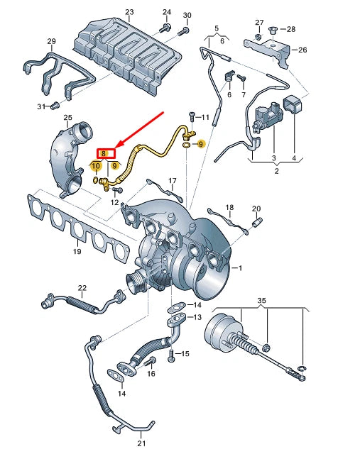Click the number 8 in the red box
(x=104, y=153)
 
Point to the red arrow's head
(x=118, y=148)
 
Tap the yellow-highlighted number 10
(x=95, y=166)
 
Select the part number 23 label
(x=129, y=13)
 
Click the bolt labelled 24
(x=165, y=28)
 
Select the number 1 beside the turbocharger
(x=240, y=267)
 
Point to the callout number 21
(x=141, y=443)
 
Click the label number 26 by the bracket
(x=302, y=50)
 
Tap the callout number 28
(x=293, y=29)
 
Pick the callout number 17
(x=173, y=181)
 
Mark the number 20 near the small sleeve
(x=256, y=209)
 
